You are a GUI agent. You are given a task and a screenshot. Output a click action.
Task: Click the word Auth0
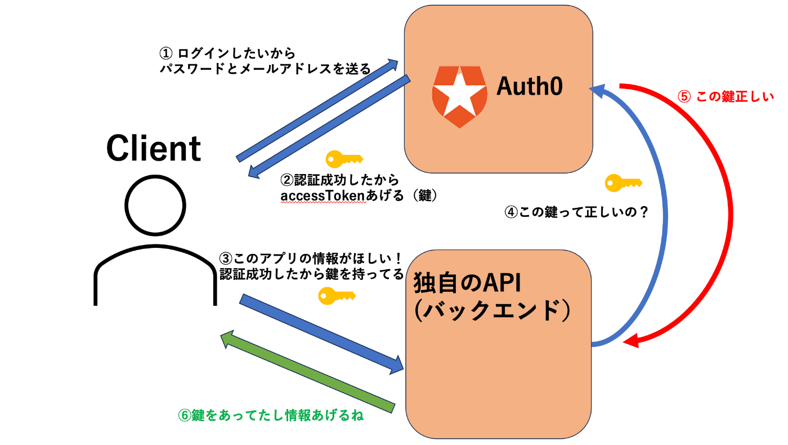click(530, 86)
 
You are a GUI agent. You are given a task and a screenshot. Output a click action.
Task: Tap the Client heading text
click(153, 148)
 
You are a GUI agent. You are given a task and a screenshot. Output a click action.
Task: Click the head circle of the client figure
click(155, 205)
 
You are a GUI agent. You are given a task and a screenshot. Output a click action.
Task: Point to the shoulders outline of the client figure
click(155, 246)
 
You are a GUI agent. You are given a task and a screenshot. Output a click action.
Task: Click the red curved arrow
click(731, 215)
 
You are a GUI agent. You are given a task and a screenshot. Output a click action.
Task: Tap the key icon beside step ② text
click(344, 159)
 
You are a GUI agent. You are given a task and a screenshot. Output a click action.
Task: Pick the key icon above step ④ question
click(624, 183)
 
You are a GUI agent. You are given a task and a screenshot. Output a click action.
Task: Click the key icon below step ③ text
click(337, 296)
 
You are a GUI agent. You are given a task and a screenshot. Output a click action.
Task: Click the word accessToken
click(323, 196)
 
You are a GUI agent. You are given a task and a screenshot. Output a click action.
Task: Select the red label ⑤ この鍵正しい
click(726, 96)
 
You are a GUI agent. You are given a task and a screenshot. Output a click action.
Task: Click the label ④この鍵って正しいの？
click(576, 212)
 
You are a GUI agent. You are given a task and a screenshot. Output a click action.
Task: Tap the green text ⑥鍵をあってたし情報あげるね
click(271, 416)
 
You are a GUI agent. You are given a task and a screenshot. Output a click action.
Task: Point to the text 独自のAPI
click(467, 283)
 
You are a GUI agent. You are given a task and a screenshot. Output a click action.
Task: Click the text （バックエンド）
click(492, 310)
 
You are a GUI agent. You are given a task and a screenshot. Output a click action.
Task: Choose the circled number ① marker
click(166, 54)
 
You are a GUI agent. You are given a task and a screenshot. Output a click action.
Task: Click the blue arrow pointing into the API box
click(321, 334)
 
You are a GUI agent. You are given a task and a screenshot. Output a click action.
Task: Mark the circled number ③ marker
click(226, 259)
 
